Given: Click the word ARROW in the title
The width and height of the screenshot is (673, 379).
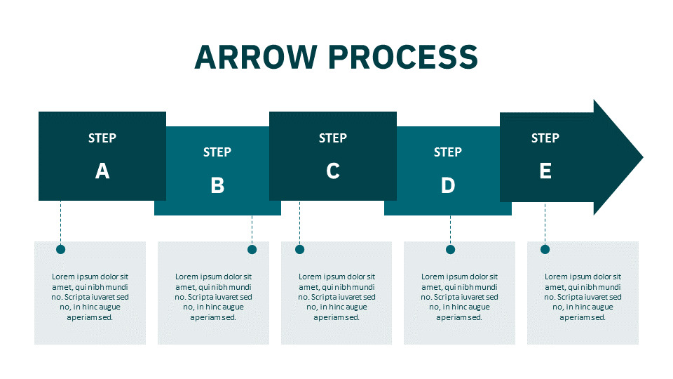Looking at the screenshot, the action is [256, 57].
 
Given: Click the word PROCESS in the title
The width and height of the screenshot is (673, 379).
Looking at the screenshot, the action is [404, 57].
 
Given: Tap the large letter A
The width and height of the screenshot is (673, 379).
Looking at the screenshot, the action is [102, 171].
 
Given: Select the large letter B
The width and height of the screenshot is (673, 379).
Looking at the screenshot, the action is [217, 185].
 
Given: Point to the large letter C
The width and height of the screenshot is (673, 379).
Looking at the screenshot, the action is [333, 171].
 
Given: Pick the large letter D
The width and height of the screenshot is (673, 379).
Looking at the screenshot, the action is [448, 185].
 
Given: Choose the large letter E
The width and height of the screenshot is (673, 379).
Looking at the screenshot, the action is [545, 171].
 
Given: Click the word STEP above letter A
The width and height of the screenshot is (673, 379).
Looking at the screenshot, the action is [102, 138].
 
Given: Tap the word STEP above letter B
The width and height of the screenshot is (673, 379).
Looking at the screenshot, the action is [217, 152].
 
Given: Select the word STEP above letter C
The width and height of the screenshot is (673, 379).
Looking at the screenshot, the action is [332, 138].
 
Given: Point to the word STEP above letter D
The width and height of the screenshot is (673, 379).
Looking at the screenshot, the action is [448, 152].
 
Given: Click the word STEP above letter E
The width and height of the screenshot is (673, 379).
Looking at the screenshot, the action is [545, 138].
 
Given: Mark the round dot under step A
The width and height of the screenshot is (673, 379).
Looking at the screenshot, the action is [60, 249].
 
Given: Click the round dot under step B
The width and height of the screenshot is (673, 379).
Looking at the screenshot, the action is [252, 249].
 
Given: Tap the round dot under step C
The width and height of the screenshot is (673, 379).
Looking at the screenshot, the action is [299, 249].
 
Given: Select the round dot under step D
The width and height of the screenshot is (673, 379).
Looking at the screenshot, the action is [450, 249].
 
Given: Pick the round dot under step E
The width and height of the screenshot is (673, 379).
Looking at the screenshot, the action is [545, 249].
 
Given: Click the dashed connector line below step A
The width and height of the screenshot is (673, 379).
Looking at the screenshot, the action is [60, 222].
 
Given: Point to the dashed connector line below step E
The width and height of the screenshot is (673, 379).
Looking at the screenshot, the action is [545, 223].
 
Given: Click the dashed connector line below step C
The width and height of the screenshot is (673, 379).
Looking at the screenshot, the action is [299, 222].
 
